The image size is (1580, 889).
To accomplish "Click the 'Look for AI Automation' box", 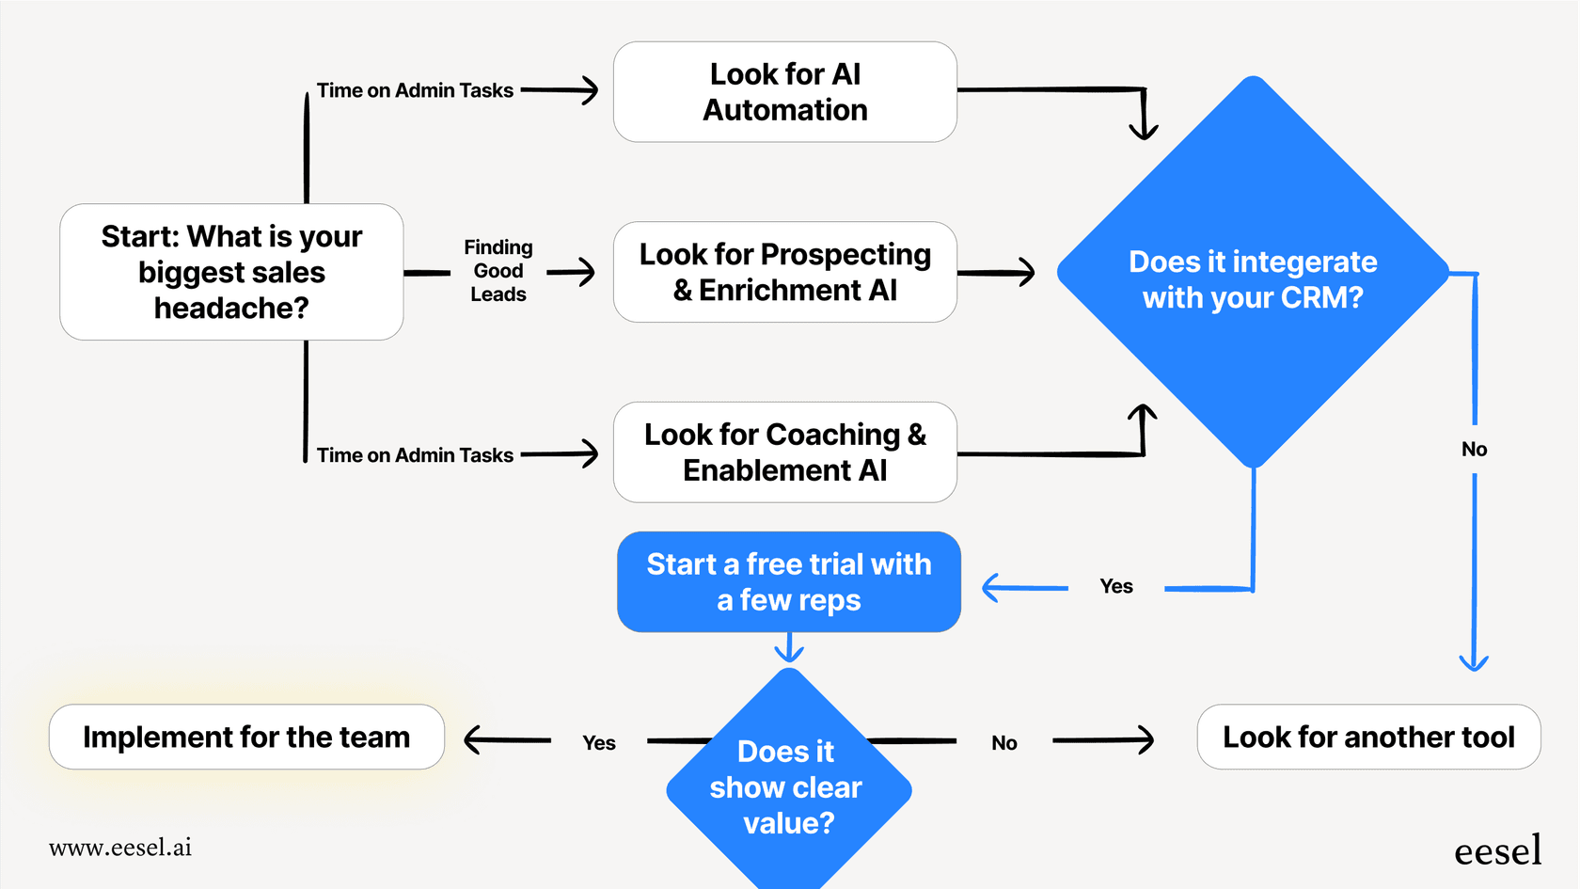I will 784,92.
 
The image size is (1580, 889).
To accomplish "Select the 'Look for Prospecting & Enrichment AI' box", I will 784,272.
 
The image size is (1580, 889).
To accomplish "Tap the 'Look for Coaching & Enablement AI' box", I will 784,452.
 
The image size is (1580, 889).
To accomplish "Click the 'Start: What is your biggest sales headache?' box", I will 231,272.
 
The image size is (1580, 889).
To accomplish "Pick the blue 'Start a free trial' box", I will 788,581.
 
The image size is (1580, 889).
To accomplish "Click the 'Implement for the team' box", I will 246,737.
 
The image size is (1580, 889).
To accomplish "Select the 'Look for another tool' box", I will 1368,737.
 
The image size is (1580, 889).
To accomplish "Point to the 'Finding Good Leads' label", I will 498,271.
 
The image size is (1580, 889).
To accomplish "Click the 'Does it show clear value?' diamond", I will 788,786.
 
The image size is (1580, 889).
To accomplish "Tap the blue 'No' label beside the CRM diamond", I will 1474,450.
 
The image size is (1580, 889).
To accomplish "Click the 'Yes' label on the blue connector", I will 1116,587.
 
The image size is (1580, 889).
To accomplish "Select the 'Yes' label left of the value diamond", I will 598,743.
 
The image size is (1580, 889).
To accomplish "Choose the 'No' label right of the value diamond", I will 1003,743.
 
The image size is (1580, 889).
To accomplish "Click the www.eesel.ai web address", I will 120,848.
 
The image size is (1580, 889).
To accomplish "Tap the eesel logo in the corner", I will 1497,850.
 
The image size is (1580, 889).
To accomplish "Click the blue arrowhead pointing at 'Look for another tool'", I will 1473,662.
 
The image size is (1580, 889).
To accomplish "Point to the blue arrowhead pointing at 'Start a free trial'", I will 990,588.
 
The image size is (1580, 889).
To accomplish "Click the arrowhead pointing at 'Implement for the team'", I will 473,740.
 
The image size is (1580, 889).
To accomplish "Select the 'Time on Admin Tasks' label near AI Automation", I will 415,90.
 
